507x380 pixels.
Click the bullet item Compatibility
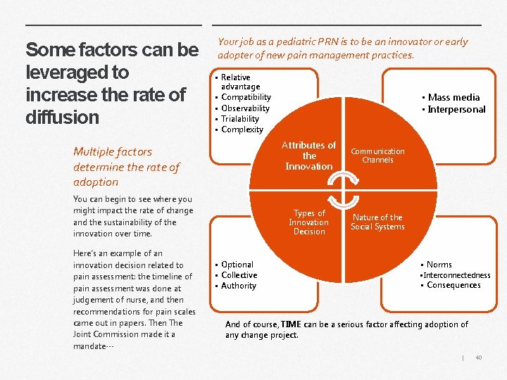[246, 97]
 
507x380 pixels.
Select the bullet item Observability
[245, 108]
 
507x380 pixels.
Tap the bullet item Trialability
[240, 119]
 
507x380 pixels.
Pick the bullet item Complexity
[242, 129]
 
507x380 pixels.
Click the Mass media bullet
[453, 98]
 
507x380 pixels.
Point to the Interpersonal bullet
[456, 109]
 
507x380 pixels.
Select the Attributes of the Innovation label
[308, 156]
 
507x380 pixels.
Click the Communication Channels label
[377, 156]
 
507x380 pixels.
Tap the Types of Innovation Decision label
[308, 222]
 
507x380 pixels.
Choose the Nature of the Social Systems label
[377, 222]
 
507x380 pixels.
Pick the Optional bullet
[237, 265]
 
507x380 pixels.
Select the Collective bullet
[239, 275]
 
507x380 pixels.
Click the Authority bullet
[239, 286]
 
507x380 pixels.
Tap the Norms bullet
[439, 265]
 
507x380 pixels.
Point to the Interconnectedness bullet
[458, 275]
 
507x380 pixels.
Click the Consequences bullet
[453, 285]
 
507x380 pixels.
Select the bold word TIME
[291, 324]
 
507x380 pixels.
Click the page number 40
[479, 357]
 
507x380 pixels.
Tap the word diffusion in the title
[63, 117]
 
